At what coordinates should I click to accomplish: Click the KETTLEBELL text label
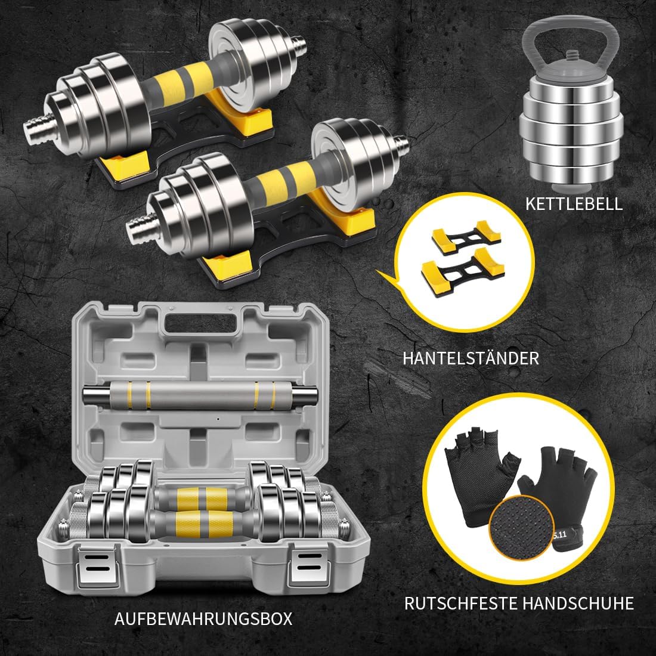(x=574, y=204)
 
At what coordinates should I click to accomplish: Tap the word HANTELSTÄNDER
(x=471, y=358)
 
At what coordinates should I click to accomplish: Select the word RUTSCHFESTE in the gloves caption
(x=460, y=604)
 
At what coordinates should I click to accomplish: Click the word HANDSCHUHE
(x=578, y=604)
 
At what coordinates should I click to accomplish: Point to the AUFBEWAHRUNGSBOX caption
(x=203, y=619)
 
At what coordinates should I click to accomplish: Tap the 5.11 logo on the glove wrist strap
(x=561, y=535)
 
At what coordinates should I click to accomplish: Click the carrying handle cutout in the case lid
(x=201, y=323)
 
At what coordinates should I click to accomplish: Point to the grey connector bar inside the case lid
(x=200, y=395)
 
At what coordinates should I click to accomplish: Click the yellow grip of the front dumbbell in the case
(x=204, y=524)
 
